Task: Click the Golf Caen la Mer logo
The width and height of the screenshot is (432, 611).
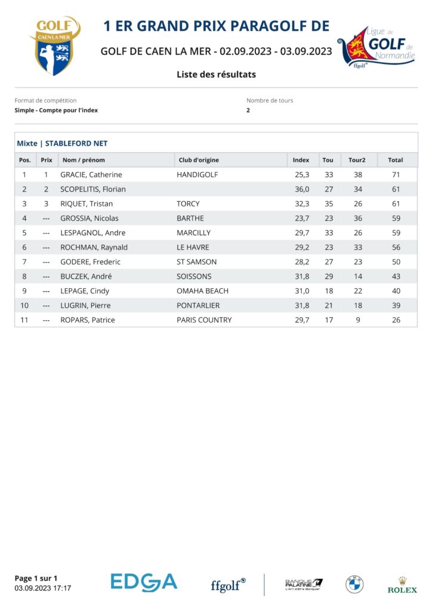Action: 55,46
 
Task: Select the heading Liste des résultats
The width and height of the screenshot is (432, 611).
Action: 216,75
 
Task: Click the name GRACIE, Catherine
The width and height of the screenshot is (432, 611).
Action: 91,175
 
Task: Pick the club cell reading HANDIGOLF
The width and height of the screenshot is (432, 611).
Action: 198,175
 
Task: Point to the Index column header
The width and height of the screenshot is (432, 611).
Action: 301,160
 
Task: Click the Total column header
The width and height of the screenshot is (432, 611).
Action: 395,160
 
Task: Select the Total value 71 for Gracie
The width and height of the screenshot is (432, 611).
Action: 395,175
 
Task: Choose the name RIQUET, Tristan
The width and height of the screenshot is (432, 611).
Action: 87,204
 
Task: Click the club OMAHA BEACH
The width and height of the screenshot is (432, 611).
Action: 202,291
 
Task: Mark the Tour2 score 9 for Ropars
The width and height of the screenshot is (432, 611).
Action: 357,320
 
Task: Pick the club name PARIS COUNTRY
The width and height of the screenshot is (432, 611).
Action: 204,320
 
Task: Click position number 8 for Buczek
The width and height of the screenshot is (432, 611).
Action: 24,276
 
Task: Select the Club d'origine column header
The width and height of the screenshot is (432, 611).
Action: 199,160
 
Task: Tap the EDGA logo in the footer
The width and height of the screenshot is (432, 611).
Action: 144,582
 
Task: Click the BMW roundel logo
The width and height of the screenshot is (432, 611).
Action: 354,584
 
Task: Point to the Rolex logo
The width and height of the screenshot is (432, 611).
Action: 402,585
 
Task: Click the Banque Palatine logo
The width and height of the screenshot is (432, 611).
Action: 304,584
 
